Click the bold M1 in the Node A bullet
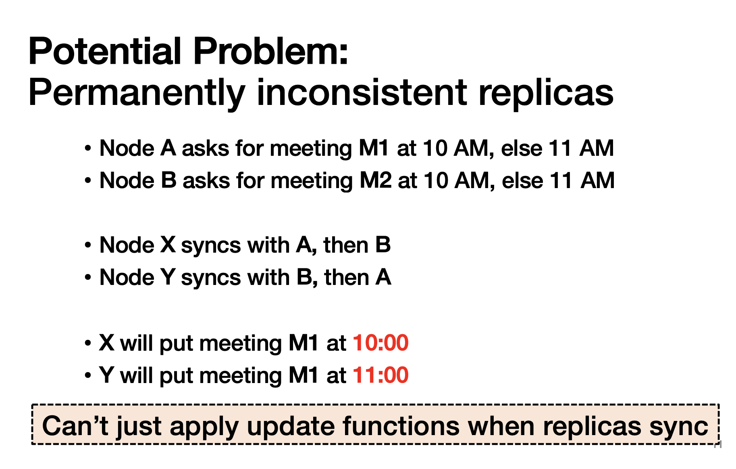click(x=374, y=148)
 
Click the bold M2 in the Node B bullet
click(x=375, y=180)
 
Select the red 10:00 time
click(x=380, y=343)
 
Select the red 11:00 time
click(x=380, y=375)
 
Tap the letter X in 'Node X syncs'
click(x=168, y=245)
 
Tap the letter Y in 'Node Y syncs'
click(x=168, y=277)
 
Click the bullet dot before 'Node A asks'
click(x=88, y=148)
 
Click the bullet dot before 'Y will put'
click(x=88, y=375)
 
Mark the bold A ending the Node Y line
click(x=383, y=277)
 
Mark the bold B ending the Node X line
click(x=383, y=245)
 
